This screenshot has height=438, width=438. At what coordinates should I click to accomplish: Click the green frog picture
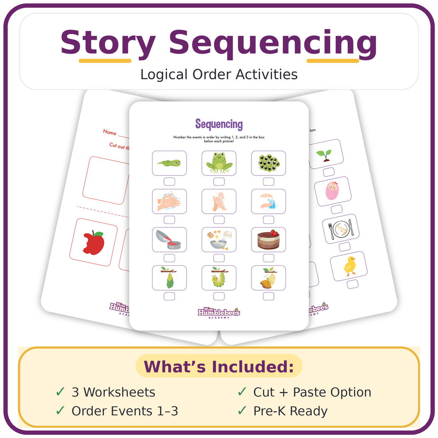[219, 163]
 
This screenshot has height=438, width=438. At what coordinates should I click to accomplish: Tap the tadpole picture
[169, 163]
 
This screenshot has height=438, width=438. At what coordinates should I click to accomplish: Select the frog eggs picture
[268, 163]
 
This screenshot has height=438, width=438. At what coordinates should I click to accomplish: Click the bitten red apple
[94, 243]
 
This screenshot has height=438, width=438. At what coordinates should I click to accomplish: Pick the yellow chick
[350, 266]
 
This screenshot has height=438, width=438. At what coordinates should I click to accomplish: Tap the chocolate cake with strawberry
[268, 240]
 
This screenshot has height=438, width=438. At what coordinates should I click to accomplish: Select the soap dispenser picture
[268, 201]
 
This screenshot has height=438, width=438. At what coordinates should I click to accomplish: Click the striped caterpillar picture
[219, 278]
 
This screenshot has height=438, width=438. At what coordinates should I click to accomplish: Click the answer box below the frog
[219, 182]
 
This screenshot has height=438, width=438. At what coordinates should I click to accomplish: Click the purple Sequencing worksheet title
[219, 124]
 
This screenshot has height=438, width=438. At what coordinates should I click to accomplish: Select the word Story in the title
[108, 43]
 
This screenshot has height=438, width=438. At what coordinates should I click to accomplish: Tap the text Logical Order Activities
[219, 74]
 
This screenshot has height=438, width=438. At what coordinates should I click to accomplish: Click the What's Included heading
[219, 367]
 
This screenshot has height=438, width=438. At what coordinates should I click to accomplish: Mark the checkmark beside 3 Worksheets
[60, 392]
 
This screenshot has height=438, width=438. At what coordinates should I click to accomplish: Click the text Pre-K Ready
[290, 411]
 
